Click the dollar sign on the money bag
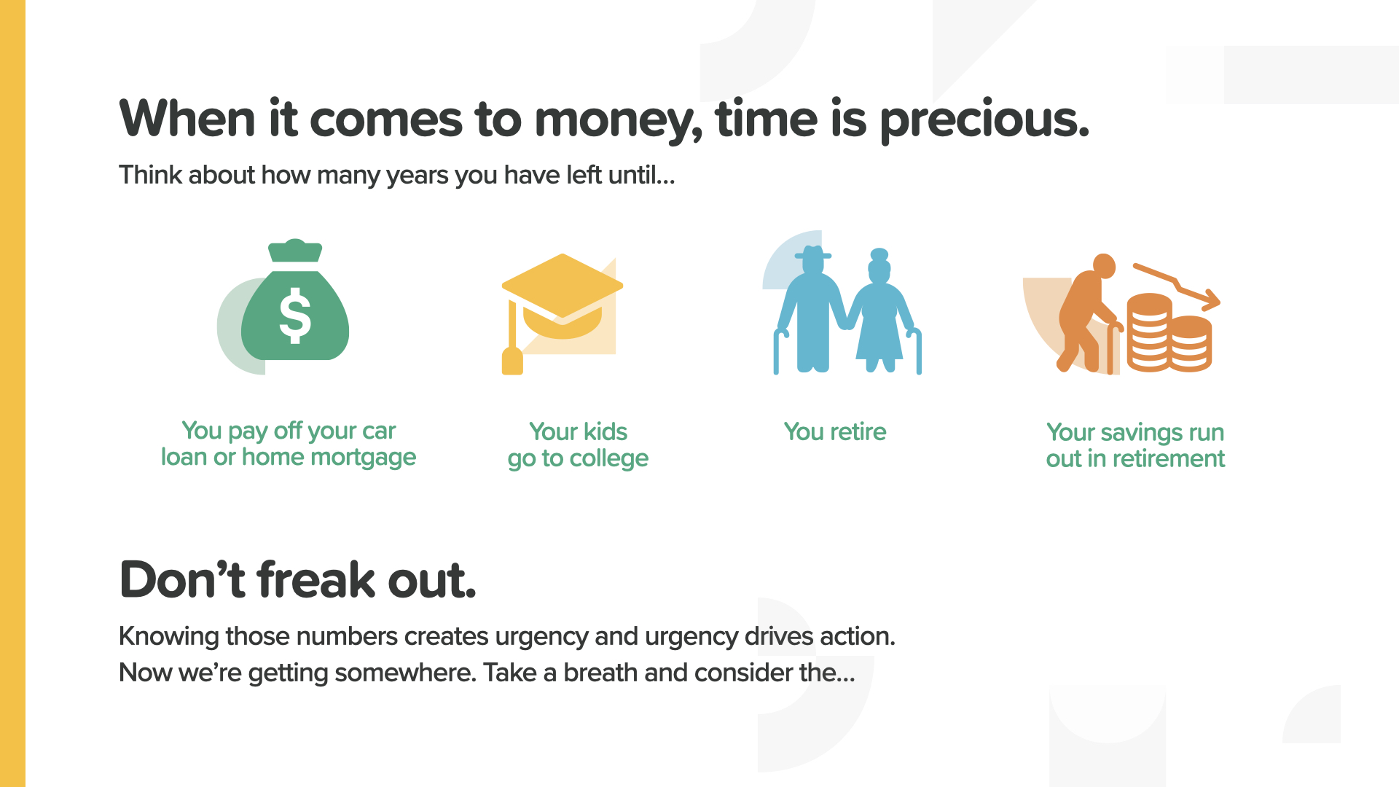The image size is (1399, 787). coord(295,316)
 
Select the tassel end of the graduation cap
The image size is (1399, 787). coord(512,361)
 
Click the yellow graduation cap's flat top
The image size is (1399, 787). coord(563,286)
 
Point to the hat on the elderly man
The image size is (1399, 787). coord(812,254)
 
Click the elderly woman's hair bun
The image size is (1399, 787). coord(879,254)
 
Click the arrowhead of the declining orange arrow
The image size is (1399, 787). coord(1211,299)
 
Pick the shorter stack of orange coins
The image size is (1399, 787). coord(1190,343)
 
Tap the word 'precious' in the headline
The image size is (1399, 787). coord(984,120)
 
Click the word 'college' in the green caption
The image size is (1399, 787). coord(608,458)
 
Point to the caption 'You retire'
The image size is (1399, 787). coord(835,431)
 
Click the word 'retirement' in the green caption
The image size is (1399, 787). coord(1168,458)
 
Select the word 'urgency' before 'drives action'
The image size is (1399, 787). coord(691,636)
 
